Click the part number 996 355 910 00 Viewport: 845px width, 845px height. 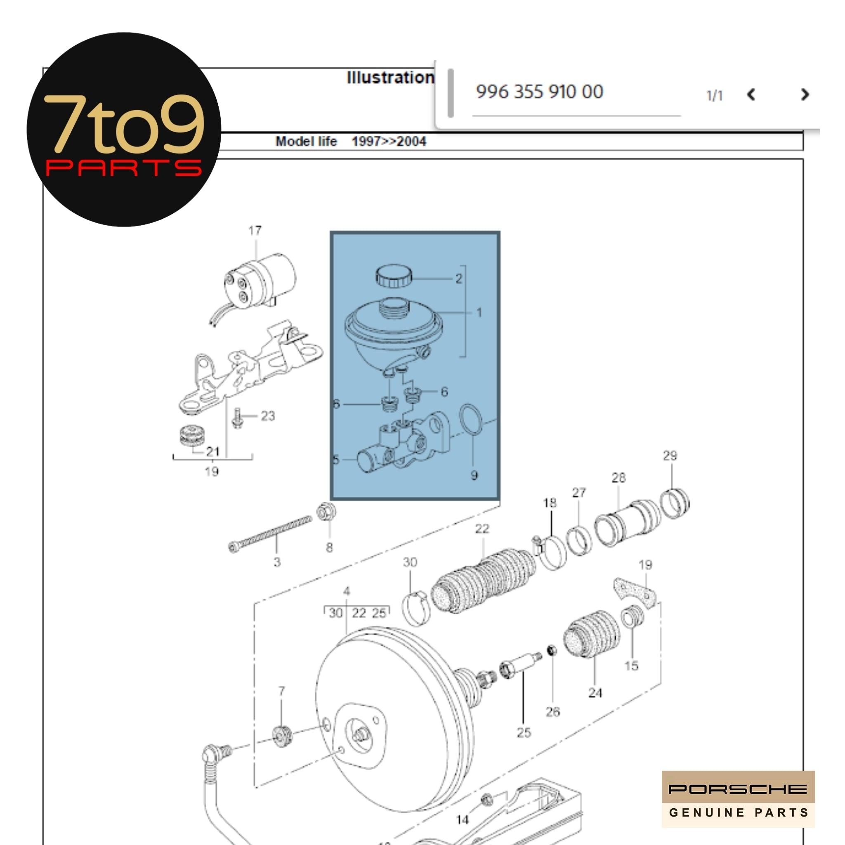coord(539,92)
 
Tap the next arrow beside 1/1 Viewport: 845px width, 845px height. coord(804,94)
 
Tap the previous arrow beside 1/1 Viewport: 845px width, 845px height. coord(751,94)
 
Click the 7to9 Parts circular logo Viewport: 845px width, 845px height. coord(124,130)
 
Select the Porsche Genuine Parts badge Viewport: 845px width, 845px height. coord(738,799)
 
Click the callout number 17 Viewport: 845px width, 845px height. coord(255,231)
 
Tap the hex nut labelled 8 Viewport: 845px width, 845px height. coord(326,512)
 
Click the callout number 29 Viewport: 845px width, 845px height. coord(670,456)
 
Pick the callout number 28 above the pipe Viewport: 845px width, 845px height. coord(618,478)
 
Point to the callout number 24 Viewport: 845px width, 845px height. coord(595,693)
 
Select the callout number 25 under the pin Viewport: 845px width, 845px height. coord(524,732)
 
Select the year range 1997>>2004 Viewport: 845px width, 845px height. coord(388,141)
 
